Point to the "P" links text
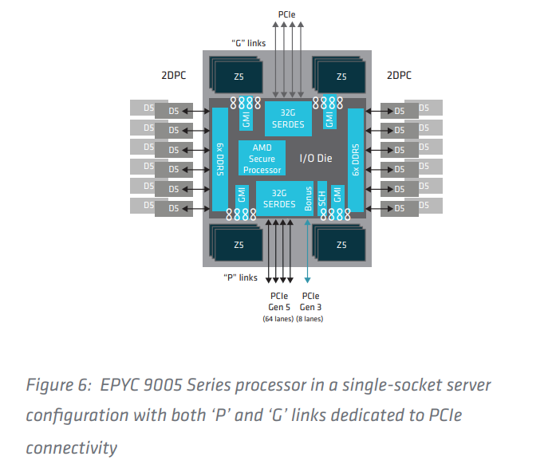(x=239, y=277)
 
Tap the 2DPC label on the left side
(x=174, y=76)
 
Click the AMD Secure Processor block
(x=262, y=159)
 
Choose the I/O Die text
(x=317, y=159)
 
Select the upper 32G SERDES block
(x=288, y=118)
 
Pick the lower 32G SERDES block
(x=279, y=199)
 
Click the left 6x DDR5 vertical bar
(x=219, y=159)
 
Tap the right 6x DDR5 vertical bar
(x=355, y=159)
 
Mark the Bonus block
(x=309, y=199)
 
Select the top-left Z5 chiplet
(x=237, y=77)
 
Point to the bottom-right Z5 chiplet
(x=341, y=244)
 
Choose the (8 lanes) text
(x=310, y=319)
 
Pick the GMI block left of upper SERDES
(x=246, y=118)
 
